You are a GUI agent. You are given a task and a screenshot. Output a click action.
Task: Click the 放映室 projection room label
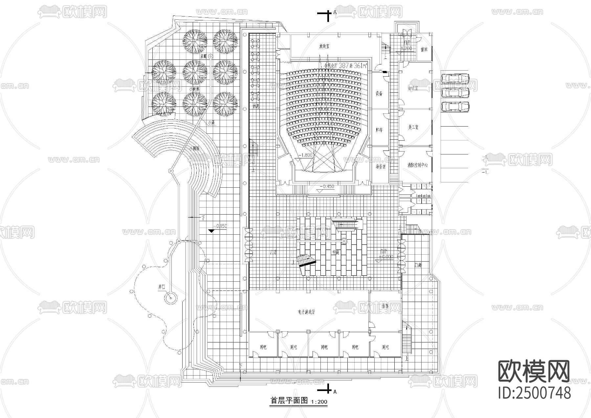pyautogui.click(x=324, y=46)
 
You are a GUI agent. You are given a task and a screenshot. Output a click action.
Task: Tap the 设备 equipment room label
pyautogui.click(x=379, y=94)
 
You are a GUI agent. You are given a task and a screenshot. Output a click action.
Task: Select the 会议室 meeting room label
pyautogui.click(x=413, y=88)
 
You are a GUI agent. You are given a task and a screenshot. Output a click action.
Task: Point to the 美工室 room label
pyautogui.click(x=413, y=127)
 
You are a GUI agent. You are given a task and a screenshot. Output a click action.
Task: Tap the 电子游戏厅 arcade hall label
pyautogui.click(x=307, y=312)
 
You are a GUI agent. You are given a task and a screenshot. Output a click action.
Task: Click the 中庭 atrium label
pyautogui.click(x=336, y=252)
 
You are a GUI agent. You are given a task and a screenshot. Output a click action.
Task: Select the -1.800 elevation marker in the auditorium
pyautogui.click(x=306, y=155)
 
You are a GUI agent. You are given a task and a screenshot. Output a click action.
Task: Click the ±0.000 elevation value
pyautogui.click(x=385, y=257)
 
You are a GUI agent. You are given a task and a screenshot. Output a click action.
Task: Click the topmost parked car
pyautogui.click(x=455, y=79)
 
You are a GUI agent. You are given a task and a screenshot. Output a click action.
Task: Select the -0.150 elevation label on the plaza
pyautogui.click(x=220, y=226)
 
